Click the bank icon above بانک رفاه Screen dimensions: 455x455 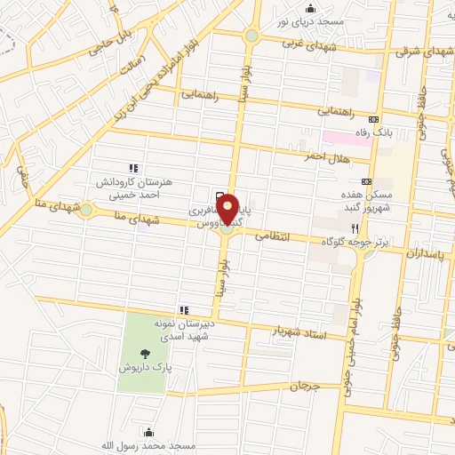click(x=374, y=120)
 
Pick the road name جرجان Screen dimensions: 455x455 click(x=303, y=387)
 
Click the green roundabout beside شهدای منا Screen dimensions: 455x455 click(x=86, y=211)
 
